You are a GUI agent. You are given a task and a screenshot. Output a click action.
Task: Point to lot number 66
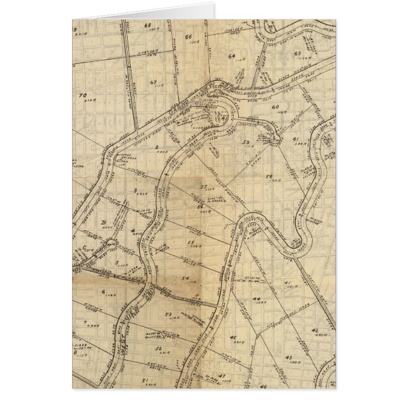(188, 37)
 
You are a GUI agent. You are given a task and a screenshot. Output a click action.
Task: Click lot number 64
(231, 56)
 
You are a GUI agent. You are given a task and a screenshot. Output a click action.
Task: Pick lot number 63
(296, 54)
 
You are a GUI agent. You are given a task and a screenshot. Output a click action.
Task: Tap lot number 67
(154, 83)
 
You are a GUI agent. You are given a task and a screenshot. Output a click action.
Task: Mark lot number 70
(82, 96)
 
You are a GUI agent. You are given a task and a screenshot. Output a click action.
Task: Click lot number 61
(295, 138)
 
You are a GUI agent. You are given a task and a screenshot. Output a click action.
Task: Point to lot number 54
(185, 279)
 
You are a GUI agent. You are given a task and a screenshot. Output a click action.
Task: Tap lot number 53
(169, 314)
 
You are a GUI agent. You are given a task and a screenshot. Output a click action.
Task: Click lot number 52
(159, 348)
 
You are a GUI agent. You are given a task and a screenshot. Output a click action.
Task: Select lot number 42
(314, 330)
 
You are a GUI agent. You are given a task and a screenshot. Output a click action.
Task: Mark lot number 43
(288, 357)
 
